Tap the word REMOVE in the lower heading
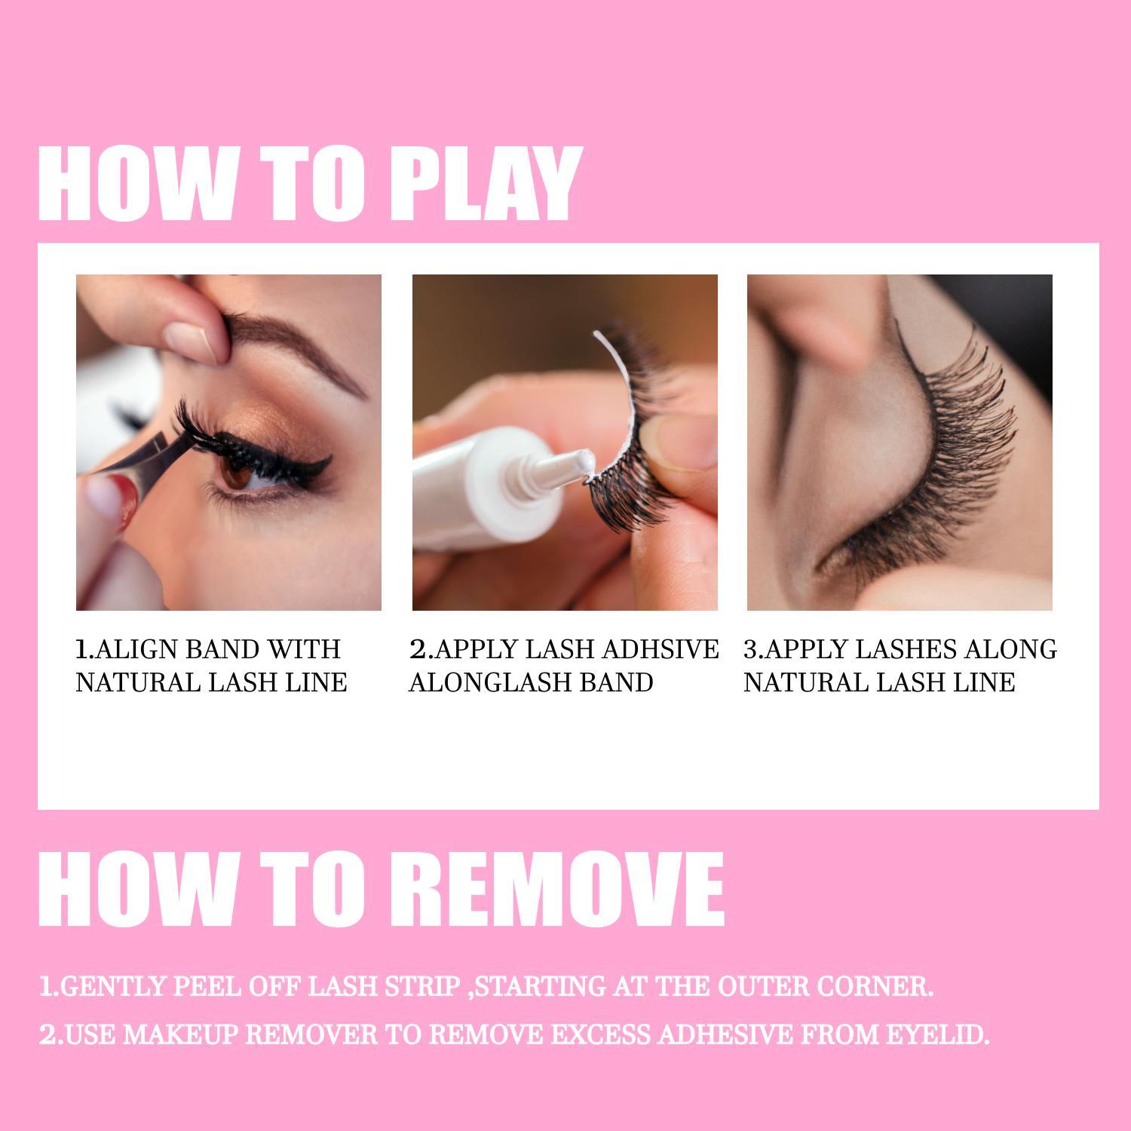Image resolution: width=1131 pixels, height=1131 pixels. (x=557, y=890)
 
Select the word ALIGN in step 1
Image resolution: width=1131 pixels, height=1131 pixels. (x=136, y=649)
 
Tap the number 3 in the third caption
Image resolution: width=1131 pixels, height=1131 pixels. (x=750, y=649)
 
